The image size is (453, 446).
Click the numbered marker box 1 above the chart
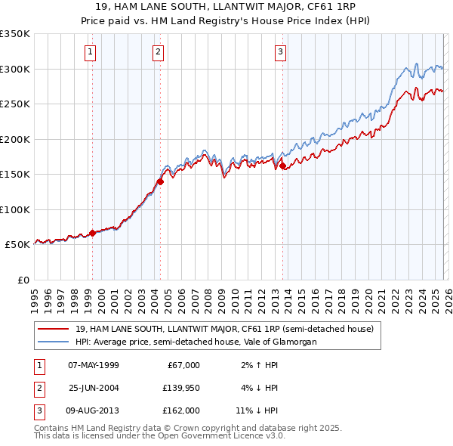(x=91, y=52)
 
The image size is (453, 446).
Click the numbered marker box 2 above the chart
(x=158, y=52)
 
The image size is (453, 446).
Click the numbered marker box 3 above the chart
(x=280, y=52)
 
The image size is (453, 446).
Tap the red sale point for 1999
(x=92, y=233)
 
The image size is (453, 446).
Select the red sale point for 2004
(x=160, y=181)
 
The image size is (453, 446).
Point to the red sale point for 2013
(x=282, y=166)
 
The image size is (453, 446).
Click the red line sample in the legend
(x=54, y=329)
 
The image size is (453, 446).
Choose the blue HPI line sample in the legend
(x=54, y=342)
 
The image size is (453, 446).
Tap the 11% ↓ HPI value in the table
(x=256, y=410)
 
